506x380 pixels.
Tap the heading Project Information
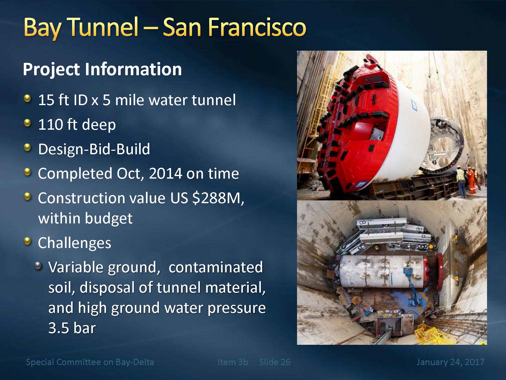102,69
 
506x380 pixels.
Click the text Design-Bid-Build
94,149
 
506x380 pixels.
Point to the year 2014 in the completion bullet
165,174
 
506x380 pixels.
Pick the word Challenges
74,243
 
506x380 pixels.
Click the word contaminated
216,267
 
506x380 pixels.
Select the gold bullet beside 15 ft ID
28,99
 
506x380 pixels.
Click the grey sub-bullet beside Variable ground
38,266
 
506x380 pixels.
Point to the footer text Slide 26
275,362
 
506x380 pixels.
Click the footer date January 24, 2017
450,362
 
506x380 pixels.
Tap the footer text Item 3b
233,362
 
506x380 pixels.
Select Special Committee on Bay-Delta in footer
90,362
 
